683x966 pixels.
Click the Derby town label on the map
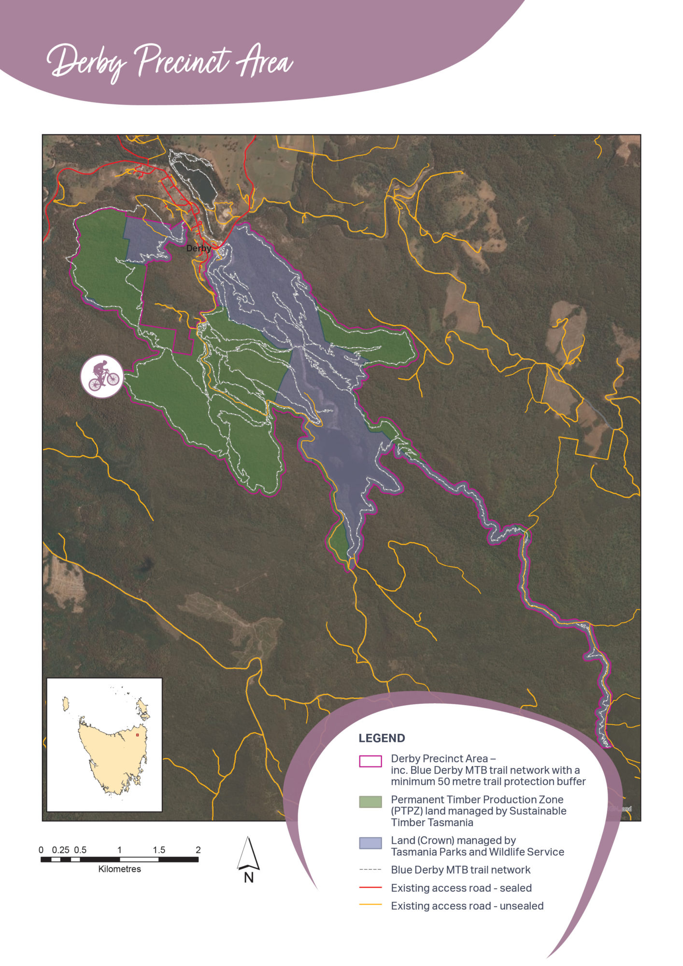[199, 248]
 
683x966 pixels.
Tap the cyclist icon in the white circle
[102, 377]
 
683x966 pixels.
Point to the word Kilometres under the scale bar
[119, 869]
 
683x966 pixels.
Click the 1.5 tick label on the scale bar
[159, 850]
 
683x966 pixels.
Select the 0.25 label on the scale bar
[61, 850]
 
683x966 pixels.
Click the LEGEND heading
[382, 738]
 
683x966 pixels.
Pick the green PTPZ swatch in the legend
[370, 802]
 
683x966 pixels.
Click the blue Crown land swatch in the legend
[370, 843]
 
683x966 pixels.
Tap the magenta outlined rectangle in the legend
[370, 761]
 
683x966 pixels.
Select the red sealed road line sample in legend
[370, 887]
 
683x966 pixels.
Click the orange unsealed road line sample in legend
[370, 905]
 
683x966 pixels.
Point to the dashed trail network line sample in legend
[370, 869]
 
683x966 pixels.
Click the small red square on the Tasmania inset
[137, 735]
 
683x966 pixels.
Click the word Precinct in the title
[182, 62]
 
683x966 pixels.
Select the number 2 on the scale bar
[198, 850]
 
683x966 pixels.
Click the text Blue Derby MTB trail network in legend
[460, 870]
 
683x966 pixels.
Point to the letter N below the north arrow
[249, 878]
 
